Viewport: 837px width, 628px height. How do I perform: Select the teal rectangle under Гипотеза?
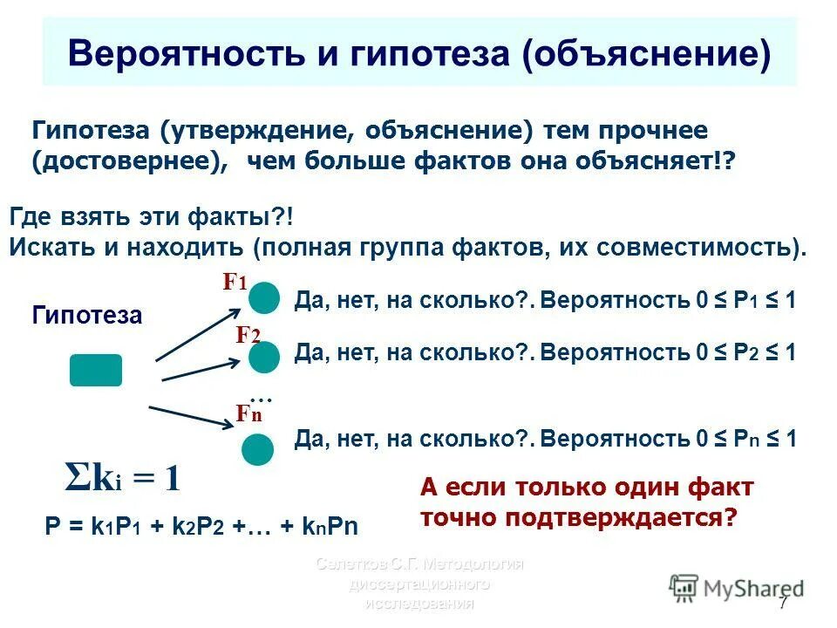click(x=96, y=370)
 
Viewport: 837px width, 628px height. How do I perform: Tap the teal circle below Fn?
click(x=257, y=449)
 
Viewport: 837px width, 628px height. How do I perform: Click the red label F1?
click(x=235, y=281)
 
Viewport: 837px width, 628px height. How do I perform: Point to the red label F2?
click(x=248, y=336)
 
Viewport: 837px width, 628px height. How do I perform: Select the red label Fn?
click(x=248, y=413)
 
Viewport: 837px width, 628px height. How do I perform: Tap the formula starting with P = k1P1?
click(x=201, y=526)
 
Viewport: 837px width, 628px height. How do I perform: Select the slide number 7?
click(x=782, y=604)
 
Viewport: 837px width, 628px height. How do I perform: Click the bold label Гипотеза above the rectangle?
click(x=86, y=315)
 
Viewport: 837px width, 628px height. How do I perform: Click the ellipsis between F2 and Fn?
click(x=261, y=396)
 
